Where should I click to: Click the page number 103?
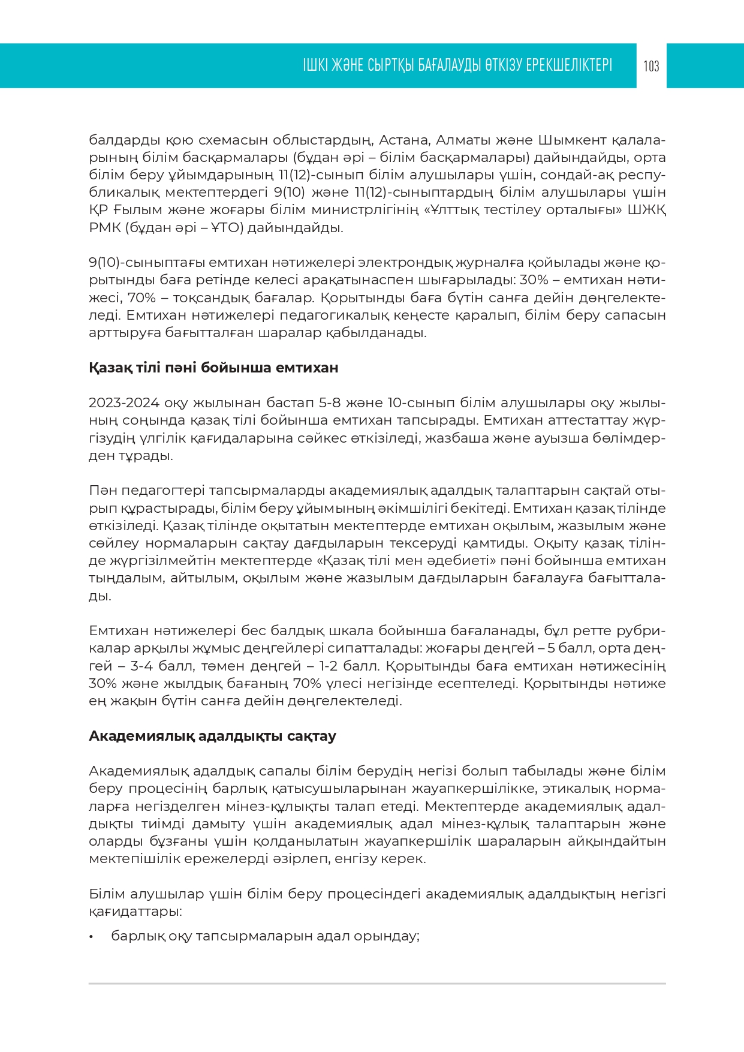651,66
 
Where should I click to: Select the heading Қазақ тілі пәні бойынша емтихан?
213,368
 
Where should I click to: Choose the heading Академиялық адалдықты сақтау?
212,736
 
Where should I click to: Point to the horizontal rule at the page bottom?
377,984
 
